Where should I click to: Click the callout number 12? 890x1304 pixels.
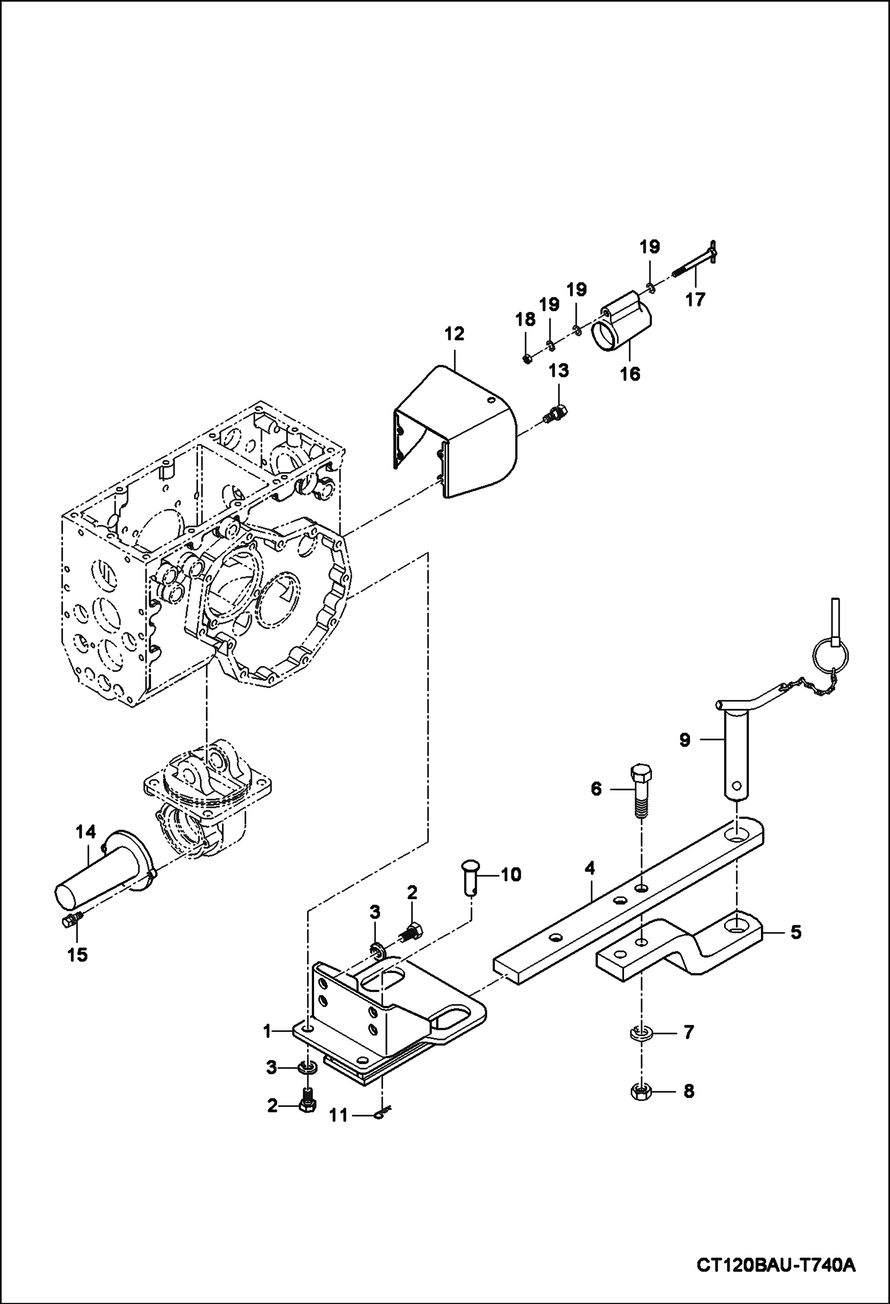pyautogui.click(x=453, y=334)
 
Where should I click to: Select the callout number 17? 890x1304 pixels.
pyautogui.click(x=694, y=299)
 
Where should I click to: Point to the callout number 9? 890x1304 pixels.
pyautogui.click(x=685, y=741)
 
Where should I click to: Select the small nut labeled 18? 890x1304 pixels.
pyautogui.click(x=527, y=358)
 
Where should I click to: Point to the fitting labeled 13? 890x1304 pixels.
pyautogui.click(x=557, y=412)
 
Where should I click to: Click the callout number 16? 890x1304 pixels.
pyautogui.click(x=631, y=374)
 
